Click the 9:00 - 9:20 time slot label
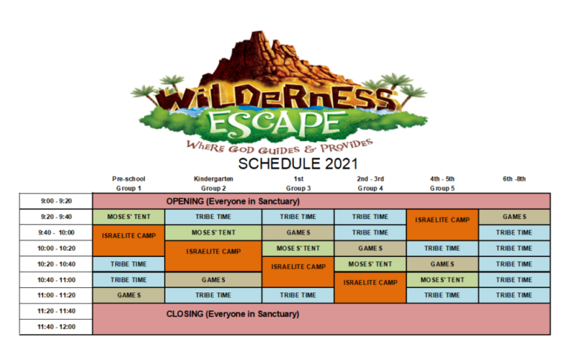coord(55,200)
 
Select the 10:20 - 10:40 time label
coord(55,264)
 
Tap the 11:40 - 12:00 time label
coord(55,326)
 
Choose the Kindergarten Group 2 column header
coord(213,183)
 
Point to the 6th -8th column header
coord(514,179)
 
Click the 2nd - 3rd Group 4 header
coord(369,183)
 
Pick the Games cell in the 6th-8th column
coord(514,217)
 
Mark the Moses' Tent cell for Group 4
coord(369,264)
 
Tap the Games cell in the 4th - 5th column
coord(442,264)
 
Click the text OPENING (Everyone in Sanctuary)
coord(232,201)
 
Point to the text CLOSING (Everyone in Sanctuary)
coord(232,314)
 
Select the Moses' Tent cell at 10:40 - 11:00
coord(442,280)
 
